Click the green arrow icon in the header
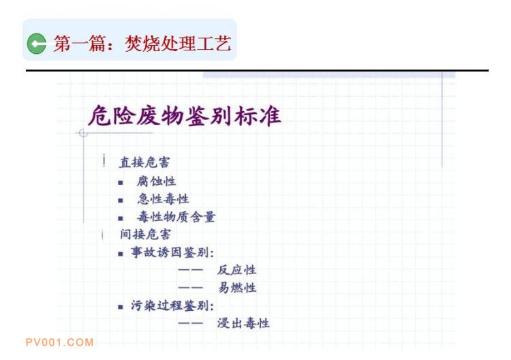tap(37, 44)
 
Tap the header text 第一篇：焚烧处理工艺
tap(142, 44)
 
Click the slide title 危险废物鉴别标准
tap(185, 116)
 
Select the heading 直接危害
tap(144, 162)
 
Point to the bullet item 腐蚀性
tap(157, 181)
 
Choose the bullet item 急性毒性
tap(163, 199)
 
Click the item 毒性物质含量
tap(176, 217)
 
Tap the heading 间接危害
tap(145, 234)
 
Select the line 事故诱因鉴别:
tap(172, 252)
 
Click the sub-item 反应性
tap(236, 270)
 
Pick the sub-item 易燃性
tap(237, 288)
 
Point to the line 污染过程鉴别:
tap(172, 305)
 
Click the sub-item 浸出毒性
tap(243, 323)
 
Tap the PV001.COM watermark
tap(60, 342)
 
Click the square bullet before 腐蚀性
tap(121, 183)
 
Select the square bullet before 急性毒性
tap(121, 200)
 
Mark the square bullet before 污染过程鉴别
tap(121, 307)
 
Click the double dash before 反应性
tap(190, 270)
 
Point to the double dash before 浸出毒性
tap(190, 324)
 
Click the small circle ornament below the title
tap(83, 133)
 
